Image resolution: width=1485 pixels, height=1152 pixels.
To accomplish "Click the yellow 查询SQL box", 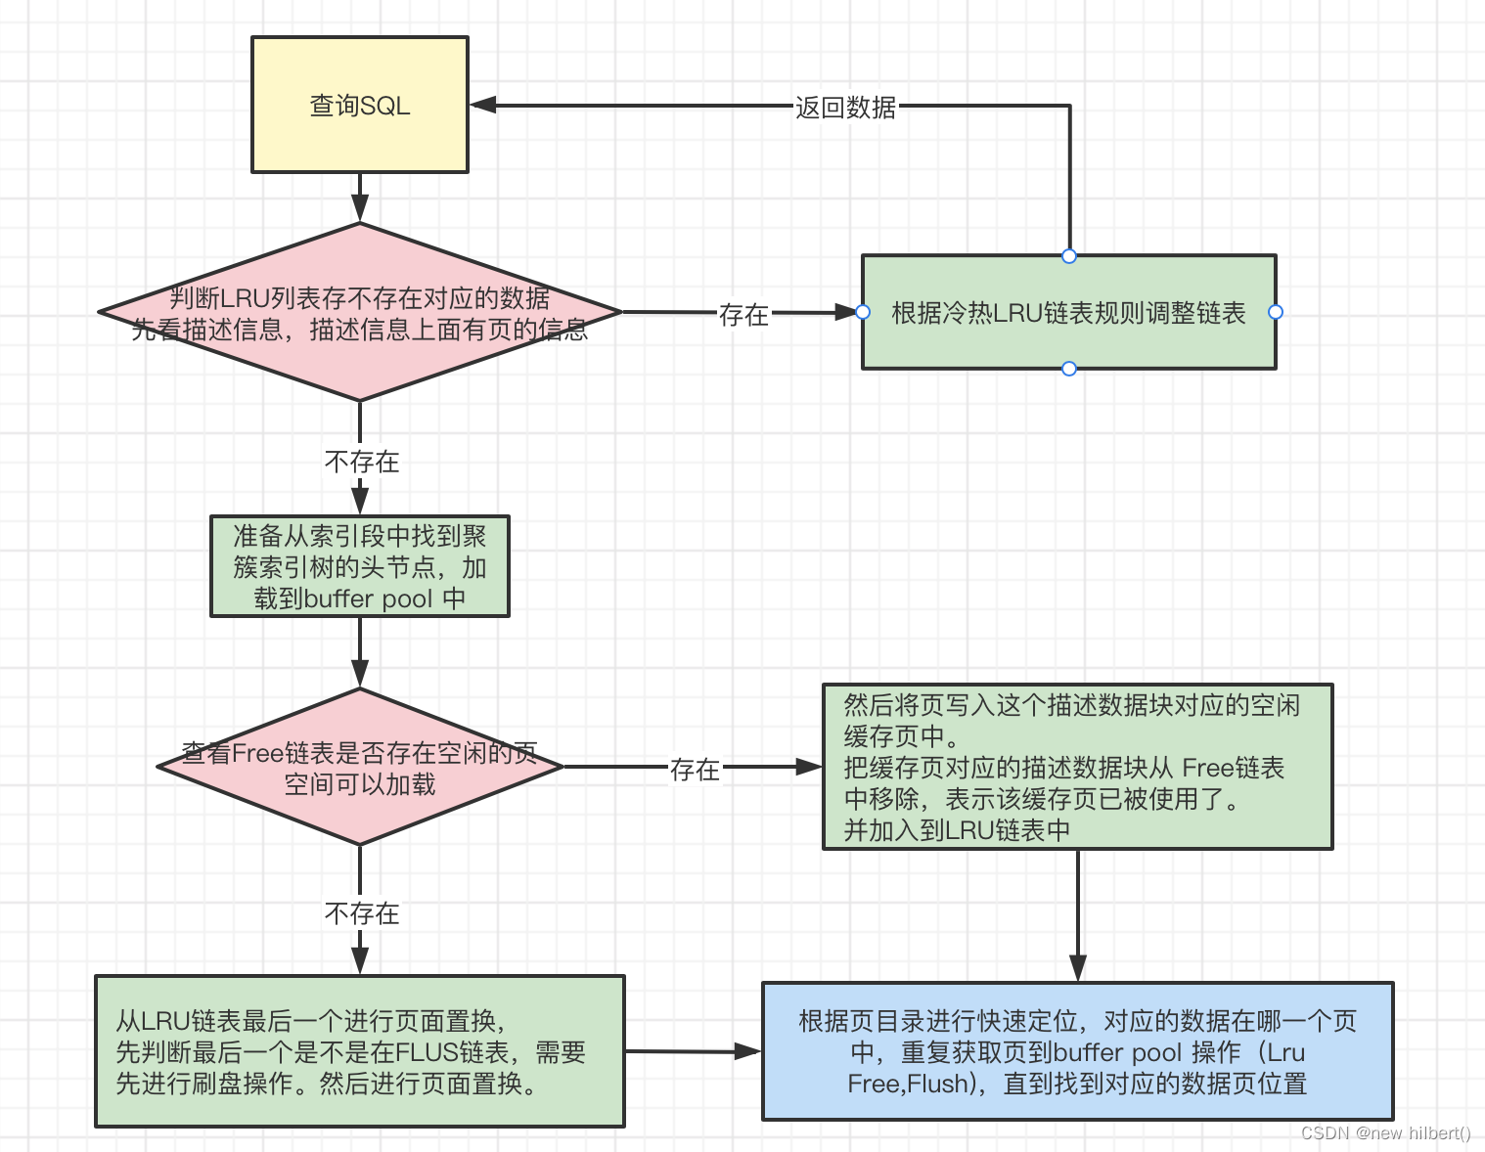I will pyautogui.click(x=360, y=106).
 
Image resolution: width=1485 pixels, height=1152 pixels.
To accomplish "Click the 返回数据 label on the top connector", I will pyautogui.click(x=845, y=108).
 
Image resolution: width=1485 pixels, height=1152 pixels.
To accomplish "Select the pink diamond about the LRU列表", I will pyautogui.click(x=360, y=313).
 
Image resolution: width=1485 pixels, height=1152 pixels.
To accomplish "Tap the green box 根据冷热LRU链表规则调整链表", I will pyautogui.click(x=1068, y=313).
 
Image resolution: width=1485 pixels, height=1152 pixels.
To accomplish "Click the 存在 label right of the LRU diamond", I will pyautogui.click(x=743, y=314).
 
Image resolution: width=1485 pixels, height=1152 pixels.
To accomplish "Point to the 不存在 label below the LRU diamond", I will pyautogui.click(x=362, y=462).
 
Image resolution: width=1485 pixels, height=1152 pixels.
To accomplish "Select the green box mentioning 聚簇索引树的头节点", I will pyautogui.click(x=360, y=567).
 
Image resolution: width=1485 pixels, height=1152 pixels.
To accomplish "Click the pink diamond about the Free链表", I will pyautogui.click(x=360, y=768).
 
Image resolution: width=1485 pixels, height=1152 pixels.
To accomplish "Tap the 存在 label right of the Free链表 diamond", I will pyautogui.click(x=695, y=770).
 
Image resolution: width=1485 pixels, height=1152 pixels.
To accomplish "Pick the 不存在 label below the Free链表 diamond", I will pyautogui.click(x=362, y=913).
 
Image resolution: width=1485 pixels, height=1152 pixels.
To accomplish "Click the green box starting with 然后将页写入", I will pyautogui.click(x=1077, y=767).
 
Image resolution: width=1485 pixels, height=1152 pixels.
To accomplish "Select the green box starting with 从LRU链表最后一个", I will pyautogui.click(x=360, y=1051).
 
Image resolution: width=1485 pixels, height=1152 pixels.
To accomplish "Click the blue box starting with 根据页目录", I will pyautogui.click(x=1077, y=1051).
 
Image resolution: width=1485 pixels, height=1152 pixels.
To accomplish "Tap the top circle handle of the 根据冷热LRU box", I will pyautogui.click(x=1069, y=256).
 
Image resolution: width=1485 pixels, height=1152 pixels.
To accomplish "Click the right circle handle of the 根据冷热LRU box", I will pyautogui.click(x=1276, y=312).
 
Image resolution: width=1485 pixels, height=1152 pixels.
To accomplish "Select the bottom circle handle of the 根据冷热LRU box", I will pyautogui.click(x=1069, y=369).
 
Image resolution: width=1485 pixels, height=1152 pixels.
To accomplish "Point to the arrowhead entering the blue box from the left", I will pyautogui.click(x=748, y=1052).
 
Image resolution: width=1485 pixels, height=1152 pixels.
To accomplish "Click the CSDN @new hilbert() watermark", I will pyautogui.click(x=1385, y=1133).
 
